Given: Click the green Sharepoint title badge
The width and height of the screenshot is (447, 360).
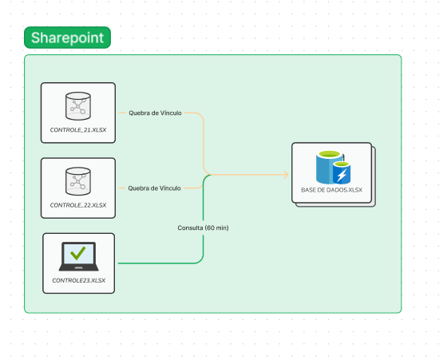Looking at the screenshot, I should click(67, 38).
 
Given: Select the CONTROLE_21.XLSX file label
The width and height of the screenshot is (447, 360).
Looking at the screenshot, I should click(78, 129).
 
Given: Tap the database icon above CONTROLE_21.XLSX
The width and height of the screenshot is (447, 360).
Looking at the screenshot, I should click(78, 105).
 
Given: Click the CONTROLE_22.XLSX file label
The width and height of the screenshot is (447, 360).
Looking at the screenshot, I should click(78, 205).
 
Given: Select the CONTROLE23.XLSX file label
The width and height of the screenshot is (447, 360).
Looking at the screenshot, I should click(78, 280).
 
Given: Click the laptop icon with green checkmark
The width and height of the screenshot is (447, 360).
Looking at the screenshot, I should click(78, 256).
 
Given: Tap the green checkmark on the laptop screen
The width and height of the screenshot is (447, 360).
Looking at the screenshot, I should click(78, 254).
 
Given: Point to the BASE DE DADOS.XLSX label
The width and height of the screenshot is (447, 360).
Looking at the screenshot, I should click(331, 190).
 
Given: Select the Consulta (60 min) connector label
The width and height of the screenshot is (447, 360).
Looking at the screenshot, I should click(203, 227).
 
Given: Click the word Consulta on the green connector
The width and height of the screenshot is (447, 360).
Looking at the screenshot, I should click(190, 227).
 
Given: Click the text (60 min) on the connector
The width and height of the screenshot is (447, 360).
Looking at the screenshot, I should click(216, 227).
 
